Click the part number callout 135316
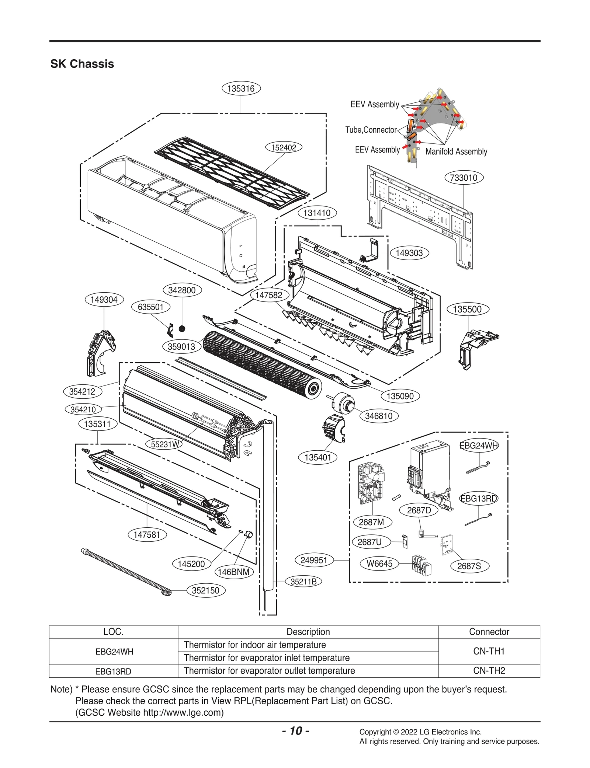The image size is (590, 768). (x=241, y=88)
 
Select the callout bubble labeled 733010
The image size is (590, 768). (x=464, y=178)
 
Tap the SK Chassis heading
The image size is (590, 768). (x=82, y=64)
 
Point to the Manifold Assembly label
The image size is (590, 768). (x=456, y=151)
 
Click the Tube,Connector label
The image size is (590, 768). (x=371, y=130)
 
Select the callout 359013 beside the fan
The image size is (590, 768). (x=181, y=346)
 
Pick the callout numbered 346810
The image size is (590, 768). (x=378, y=416)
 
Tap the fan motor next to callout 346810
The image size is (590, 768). (x=342, y=403)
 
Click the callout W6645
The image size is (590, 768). (x=379, y=563)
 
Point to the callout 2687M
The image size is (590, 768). (x=371, y=522)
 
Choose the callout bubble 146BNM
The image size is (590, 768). (x=234, y=572)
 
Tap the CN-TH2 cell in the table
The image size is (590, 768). (x=489, y=671)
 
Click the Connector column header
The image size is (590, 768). (x=489, y=632)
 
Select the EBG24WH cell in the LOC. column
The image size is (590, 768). (x=114, y=652)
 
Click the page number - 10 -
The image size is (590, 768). (x=295, y=730)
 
